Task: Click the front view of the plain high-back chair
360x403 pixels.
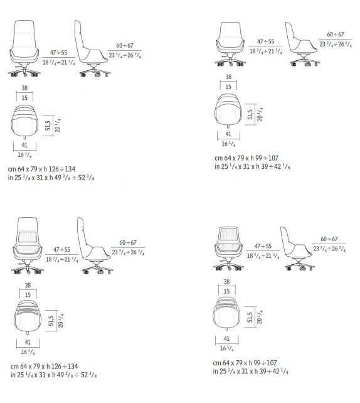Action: pyautogui.click(x=24, y=48)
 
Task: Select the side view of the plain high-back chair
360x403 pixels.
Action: pyautogui.click(x=92, y=49)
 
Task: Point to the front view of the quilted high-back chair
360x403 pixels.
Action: pyautogui.click(x=28, y=245)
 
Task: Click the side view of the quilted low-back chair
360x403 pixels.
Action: pyautogui.click(x=297, y=249)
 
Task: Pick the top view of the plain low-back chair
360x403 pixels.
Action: pyautogui.click(x=228, y=110)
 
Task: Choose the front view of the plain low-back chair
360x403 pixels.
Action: pyautogui.click(x=230, y=44)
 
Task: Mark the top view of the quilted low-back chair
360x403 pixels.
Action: pyautogui.click(x=226, y=314)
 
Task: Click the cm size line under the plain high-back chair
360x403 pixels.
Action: pyautogui.click(x=41, y=169)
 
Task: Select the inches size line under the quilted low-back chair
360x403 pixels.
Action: pyautogui.click(x=251, y=372)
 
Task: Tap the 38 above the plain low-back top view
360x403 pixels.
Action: pyautogui.click(x=228, y=77)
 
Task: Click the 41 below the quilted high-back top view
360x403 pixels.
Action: pyautogui.click(x=28, y=342)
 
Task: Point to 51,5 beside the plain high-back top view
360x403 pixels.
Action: pyautogui.click(x=48, y=126)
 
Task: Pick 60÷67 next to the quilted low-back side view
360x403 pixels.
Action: pyautogui.click(x=329, y=239)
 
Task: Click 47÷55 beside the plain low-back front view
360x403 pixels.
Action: pyautogui.click(x=266, y=41)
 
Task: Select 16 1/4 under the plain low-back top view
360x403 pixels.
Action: pyautogui.click(x=228, y=144)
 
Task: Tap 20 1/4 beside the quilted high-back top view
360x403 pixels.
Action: pyautogui.click(x=61, y=321)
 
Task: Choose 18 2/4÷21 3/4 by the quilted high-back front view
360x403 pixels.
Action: pyautogui.click(x=62, y=259)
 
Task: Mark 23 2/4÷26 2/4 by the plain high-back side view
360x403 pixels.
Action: pyautogui.click(x=125, y=55)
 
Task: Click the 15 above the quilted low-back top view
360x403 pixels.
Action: pyautogui.click(x=226, y=291)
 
